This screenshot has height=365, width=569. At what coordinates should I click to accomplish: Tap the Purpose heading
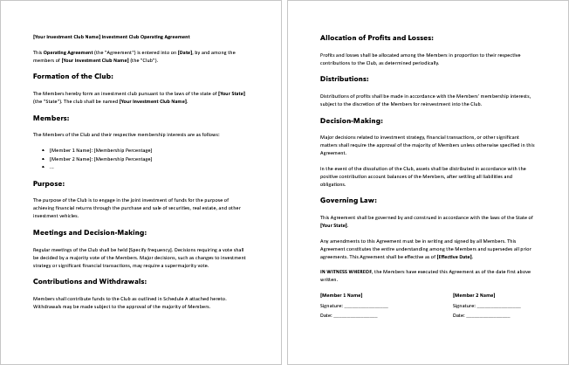click(x=48, y=184)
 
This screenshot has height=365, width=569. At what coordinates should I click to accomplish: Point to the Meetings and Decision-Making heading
click(x=89, y=233)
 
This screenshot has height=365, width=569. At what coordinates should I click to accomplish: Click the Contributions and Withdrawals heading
click(x=89, y=282)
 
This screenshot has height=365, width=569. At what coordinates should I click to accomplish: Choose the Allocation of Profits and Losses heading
click(x=377, y=38)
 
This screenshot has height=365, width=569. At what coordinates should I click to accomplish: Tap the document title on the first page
click(x=111, y=37)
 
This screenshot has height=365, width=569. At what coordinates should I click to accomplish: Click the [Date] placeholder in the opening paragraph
click(x=184, y=52)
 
